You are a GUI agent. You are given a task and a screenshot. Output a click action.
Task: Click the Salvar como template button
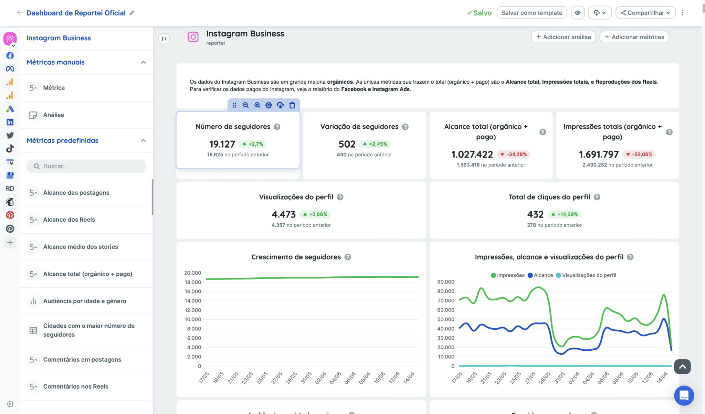pyautogui.click(x=532, y=13)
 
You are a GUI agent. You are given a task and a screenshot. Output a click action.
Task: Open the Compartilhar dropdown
pyautogui.click(x=645, y=13)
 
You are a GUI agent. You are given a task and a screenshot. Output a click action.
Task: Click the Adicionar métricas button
pyautogui.click(x=634, y=37)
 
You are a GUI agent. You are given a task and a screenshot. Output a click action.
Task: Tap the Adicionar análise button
pyautogui.click(x=563, y=37)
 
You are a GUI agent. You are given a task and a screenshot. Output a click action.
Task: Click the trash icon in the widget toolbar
pyautogui.click(x=292, y=105)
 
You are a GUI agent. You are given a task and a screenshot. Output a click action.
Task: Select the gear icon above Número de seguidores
pyautogui.click(x=269, y=105)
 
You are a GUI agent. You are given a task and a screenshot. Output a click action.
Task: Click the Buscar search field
pyautogui.click(x=87, y=166)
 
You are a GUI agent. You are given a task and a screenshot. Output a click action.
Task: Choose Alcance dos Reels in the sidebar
pyautogui.click(x=69, y=220)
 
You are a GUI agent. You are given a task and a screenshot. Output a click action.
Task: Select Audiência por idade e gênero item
pyautogui.click(x=84, y=301)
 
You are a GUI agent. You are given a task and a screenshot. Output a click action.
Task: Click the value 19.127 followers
pyautogui.click(x=222, y=144)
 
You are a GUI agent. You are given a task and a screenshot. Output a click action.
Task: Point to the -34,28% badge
pyautogui.click(x=513, y=155)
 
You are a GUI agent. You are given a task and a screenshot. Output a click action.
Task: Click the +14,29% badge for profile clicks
pyautogui.click(x=564, y=214)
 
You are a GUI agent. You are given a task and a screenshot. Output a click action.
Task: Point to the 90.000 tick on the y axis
pyautogui.click(x=445, y=282)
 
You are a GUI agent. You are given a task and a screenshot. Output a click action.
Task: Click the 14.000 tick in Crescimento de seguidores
pyautogui.click(x=192, y=301)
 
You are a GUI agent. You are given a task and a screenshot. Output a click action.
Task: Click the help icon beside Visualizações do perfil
pyautogui.click(x=340, y=197)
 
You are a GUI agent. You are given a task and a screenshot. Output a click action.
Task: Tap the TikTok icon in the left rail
pyautogui.click(x=10, y=149)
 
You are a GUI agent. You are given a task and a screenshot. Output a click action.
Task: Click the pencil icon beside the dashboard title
pyautogui.click(x=132, y=13)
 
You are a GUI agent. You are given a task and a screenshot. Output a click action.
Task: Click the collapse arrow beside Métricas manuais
pyautogui.click(x=144, y=62)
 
